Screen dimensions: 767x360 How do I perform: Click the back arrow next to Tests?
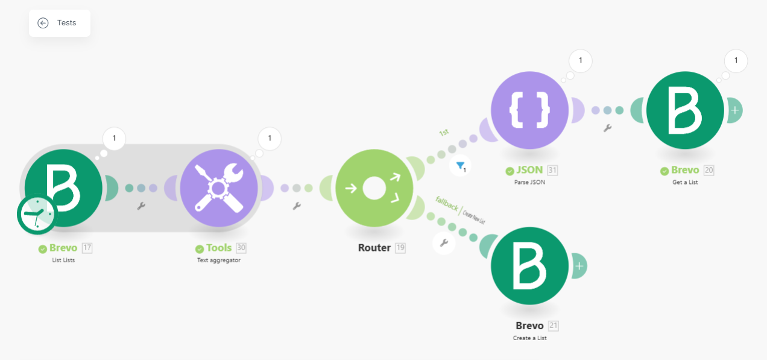(43, 23)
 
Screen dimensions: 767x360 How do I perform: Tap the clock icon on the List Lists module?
(37, 215)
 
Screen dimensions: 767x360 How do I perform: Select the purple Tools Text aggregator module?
(219, 188)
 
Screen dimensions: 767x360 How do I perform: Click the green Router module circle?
(374, 188)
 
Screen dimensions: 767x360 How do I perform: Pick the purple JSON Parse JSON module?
(529, 110)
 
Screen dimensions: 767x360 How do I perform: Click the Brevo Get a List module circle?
(685, 110)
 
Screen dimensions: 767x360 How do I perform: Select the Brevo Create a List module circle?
(529, 266)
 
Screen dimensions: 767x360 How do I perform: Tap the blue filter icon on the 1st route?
(461, 166)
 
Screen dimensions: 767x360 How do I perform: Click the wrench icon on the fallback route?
(444, 243)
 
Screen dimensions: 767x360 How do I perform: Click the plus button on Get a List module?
(735, 110)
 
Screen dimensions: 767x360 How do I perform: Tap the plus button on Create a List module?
(579, 266)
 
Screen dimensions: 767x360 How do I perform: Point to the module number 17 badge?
(87, 248)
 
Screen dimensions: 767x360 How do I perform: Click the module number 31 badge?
(552, 170)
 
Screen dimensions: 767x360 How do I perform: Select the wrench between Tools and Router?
(297, 206)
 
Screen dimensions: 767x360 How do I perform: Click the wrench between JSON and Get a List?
(607, 128)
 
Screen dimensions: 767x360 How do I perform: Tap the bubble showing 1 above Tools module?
(270, 138)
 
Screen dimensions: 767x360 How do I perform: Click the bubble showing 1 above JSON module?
(581, 61)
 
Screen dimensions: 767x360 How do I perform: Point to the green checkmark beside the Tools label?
(199, 248)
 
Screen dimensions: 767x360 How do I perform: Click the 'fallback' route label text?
(447, 203)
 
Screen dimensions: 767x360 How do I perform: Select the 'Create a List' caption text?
(529, 338)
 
